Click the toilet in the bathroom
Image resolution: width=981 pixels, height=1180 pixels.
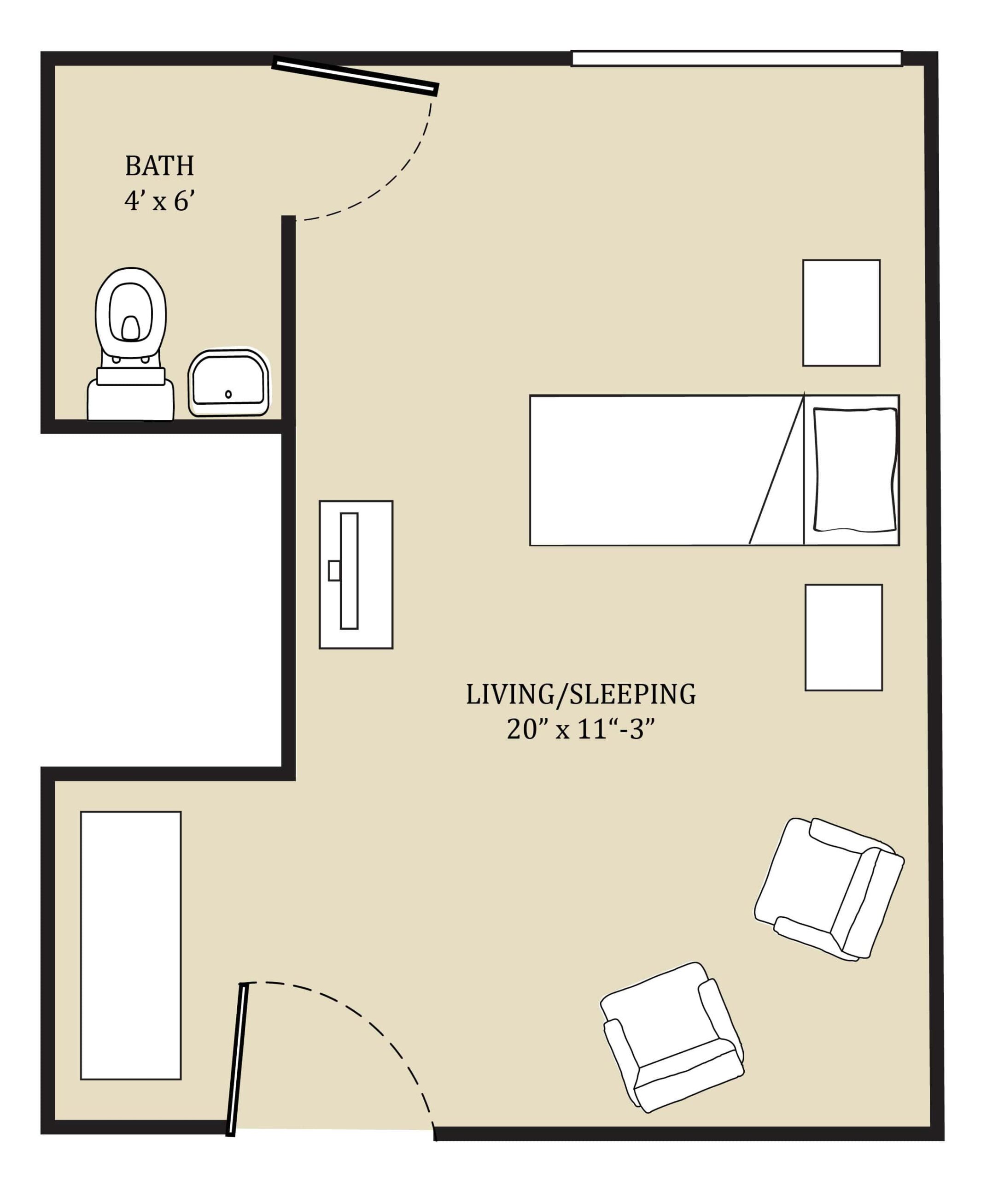[x=130, y=343]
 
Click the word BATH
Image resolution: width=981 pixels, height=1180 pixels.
[x=159, y=166]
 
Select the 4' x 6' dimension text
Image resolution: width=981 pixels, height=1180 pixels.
[x=159, y=201]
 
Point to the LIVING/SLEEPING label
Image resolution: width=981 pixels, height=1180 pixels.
[x=581, y=695]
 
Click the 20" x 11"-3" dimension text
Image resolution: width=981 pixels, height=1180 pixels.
[x=581, y=730]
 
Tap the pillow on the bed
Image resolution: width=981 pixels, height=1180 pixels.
[x=855, y=470]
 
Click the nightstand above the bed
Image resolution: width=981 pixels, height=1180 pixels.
[x=841, y=313]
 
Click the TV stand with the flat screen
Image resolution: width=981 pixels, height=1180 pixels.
[x=356, y=574]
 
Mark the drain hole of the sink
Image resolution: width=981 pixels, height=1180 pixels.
[x=228, y=394]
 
